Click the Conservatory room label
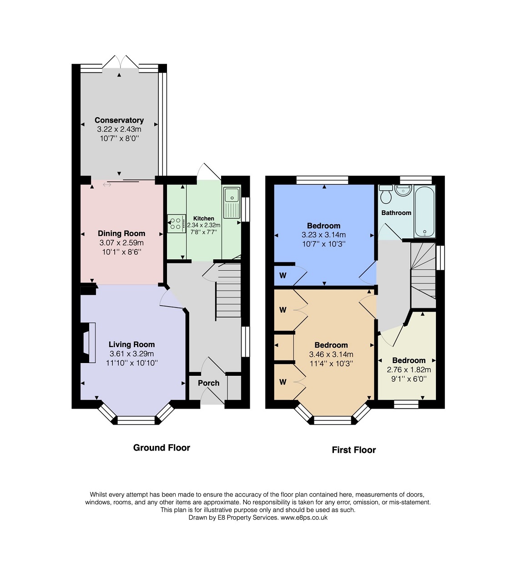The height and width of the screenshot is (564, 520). (119, 120)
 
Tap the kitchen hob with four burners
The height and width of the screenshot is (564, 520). (176, 224)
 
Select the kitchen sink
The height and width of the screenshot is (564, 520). (232, 202)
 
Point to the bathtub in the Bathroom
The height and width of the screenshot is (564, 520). (424, 211)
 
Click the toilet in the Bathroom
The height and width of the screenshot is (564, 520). (386, 194)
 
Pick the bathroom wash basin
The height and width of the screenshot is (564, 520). (403, 190)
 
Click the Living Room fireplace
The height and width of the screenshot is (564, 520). (89, 343)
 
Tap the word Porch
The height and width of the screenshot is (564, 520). (208, 383)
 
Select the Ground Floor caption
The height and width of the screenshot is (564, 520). (162, 447)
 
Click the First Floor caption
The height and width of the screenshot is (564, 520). (354, 450)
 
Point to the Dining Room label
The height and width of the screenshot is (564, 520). (121, 233)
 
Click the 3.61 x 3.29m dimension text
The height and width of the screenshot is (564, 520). (131, 354)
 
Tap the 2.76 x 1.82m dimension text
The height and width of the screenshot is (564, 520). (409, 369)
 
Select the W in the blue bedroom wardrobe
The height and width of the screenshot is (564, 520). (283, 275)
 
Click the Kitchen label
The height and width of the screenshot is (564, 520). (203, 218)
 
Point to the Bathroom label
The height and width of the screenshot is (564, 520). (396, 213)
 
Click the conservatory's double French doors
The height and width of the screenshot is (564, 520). (120, 62)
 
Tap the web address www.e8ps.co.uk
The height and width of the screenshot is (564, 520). (304, 518)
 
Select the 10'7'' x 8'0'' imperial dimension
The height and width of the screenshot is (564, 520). (119, 138)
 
